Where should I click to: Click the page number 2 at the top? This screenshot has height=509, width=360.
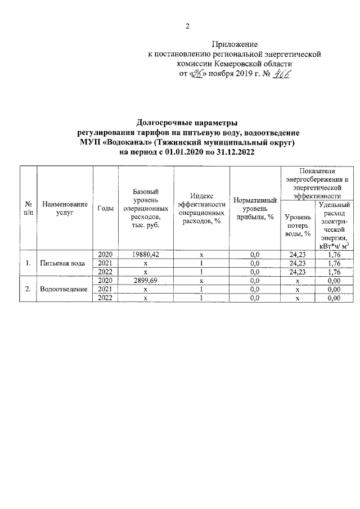point(188,26)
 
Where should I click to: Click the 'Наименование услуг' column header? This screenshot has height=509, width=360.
point(65,208)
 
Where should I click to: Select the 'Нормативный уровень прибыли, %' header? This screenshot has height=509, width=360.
point(254,208)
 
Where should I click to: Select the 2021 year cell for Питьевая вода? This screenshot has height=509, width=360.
point(106,263)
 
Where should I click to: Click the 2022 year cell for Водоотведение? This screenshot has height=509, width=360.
point(106,298)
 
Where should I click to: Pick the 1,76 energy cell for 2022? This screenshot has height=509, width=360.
point(334,272)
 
